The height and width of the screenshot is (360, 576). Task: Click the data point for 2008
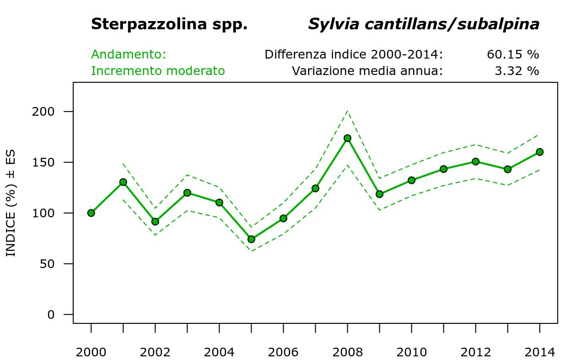(347, 138)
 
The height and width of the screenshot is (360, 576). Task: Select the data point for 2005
(251, 239)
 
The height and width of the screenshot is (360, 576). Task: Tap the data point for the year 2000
(91, 213)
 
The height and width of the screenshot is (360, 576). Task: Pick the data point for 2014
(539, 152)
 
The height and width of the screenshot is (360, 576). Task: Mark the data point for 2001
(123, 182)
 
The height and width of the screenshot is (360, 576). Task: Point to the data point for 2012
(475, 161)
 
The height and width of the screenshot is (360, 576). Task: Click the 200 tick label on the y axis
(43, 112)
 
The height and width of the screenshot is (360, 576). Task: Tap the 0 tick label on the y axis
(50, 315)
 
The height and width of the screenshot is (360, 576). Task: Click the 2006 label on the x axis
(283, 352)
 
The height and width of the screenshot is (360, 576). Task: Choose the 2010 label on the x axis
(411, 352)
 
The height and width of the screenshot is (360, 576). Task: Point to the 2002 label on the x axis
(155, 352)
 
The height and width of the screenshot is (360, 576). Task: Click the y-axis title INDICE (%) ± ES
(11, 203)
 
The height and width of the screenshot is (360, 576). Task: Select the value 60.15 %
(513, 55)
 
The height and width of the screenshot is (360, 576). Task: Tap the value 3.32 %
(517, 71)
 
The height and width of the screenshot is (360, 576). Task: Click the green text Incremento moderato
(158, 71)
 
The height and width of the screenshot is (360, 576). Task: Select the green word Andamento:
(129, 55)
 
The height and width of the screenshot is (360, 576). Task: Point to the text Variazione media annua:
(367, 71)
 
